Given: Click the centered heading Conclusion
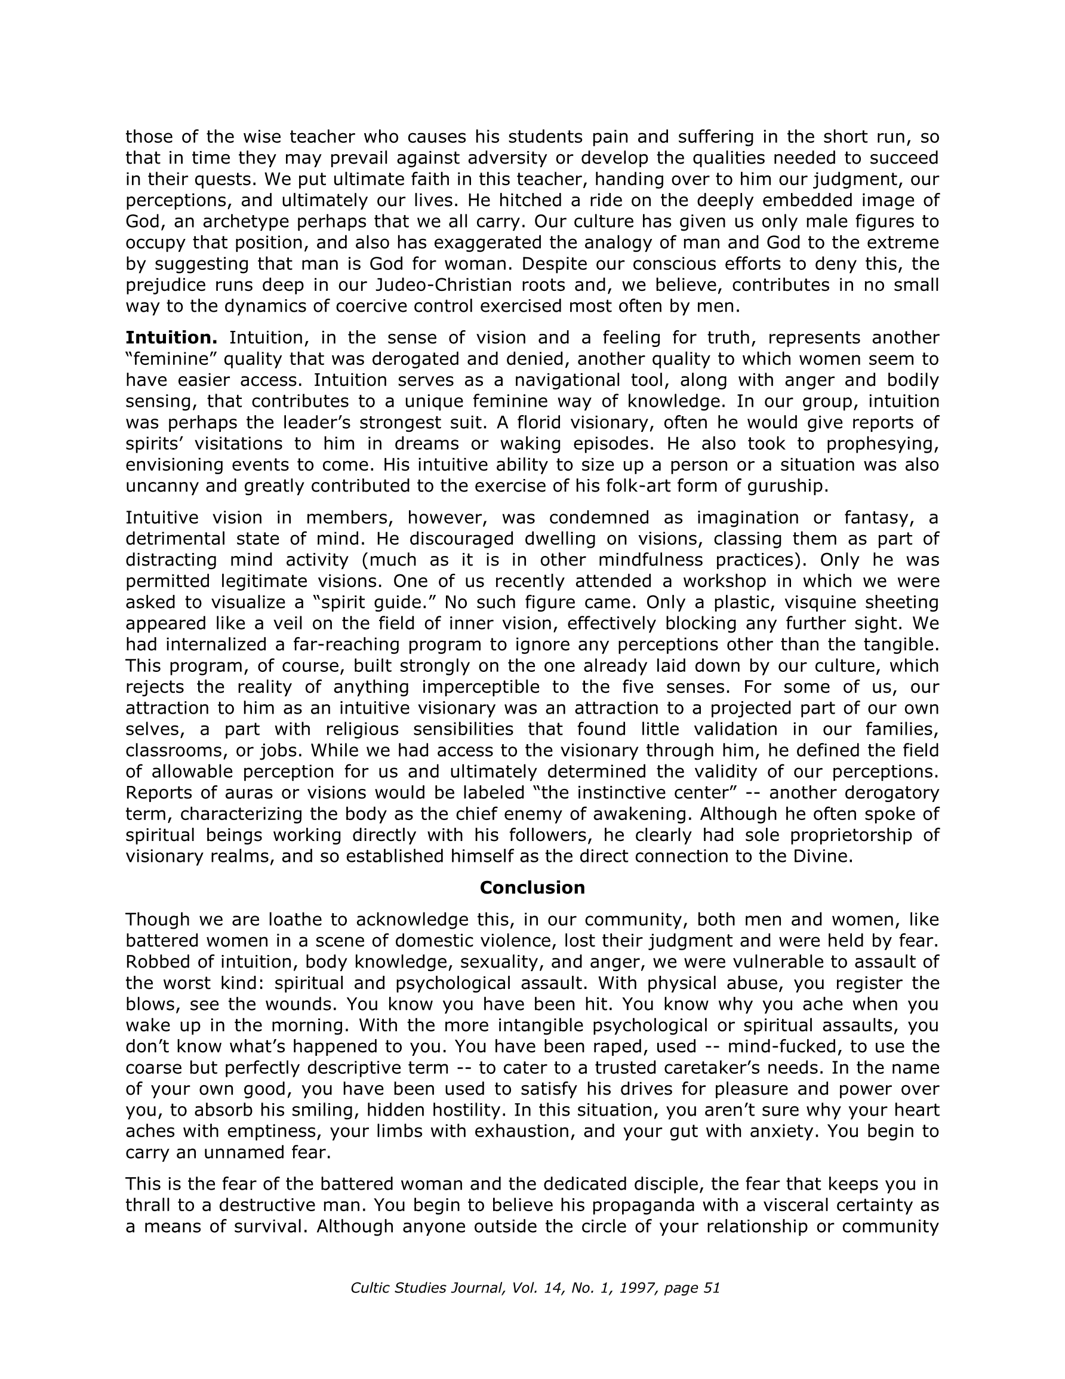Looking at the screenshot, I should (532, 887).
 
